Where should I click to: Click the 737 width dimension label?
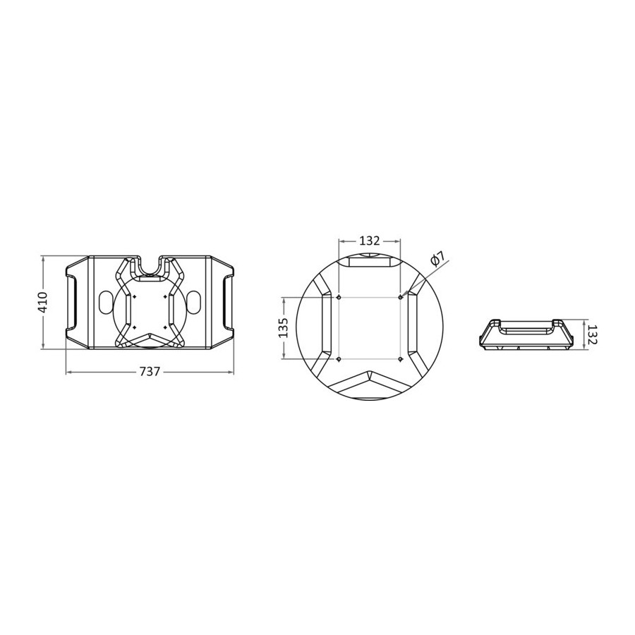click(150, 371)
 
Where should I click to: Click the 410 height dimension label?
click(42, 302)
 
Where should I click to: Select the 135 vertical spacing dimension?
click(284, 327)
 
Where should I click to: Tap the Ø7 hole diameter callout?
click(437, 258)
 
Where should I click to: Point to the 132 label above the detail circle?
click(369, 241)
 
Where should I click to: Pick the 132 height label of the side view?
click(592, 334)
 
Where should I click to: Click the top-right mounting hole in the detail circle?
click(401, 297)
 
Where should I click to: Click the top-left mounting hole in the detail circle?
click(339, 297)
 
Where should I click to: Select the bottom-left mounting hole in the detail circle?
click(339, 359)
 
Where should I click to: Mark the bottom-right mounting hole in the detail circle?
click(401, 359)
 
